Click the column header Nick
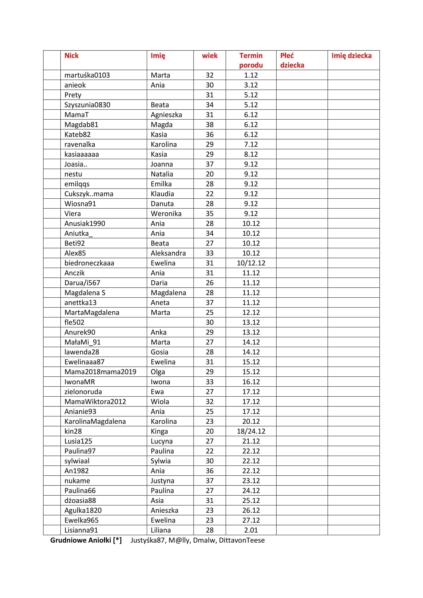pyautogui.click(x=71, y=56)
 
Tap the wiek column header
pyautogui.click(x=210, y=56)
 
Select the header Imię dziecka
pyautogui.click(x=351, y=56)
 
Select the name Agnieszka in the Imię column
pyautogui.click(x=166, y=115)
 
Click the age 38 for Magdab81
pyautogui.click(x=210, y=125)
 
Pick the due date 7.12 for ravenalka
pyautogui.click(x=251, y=145)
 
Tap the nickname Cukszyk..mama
pyautogui.click(x=89, y=194)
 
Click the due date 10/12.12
pyautogui.click(x=251, y=263)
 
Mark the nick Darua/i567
pyautogui.click(x=82, y=283)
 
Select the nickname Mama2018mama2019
pyautogui.click(x=100, y=372)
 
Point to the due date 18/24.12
pyautogui.click(x=251, y=431)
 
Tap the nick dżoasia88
pyautogui.click(x=80, y=501)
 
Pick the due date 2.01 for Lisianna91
pyautogui.click(x=251, y=530)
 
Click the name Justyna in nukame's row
pyautogui.click(x=162, y=481)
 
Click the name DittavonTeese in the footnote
pyautogui.click(x=242, y=540)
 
